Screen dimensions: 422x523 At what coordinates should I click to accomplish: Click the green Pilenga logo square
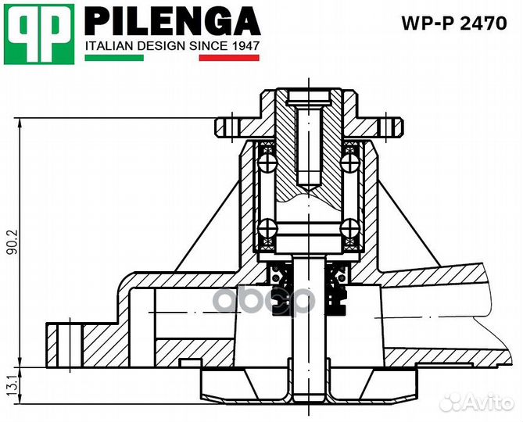click(x=39, y=34)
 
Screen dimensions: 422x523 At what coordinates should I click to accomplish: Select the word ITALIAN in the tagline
click(x=109, y=46)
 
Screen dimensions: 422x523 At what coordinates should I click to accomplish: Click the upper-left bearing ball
click(x=268, y=162)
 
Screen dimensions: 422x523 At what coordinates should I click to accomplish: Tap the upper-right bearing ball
click(x=349, y=162)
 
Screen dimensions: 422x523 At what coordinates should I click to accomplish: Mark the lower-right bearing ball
click(x=349, y=228)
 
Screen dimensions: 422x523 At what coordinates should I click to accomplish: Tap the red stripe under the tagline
click(x=229, y=58)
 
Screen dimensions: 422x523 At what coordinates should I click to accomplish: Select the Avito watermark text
click(x=484, y=403)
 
